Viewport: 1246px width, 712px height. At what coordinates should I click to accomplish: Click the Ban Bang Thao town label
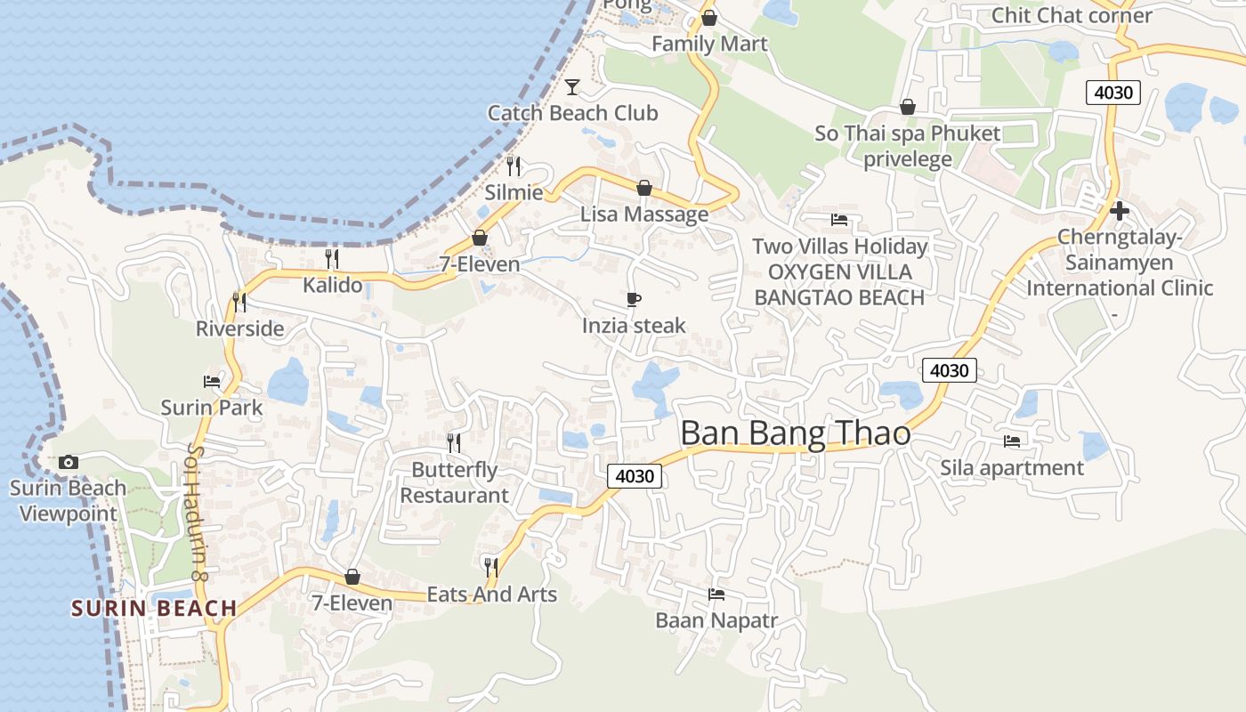pyautogui.click(x=795, y=433)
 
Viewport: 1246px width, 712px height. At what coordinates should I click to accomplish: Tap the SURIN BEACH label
pyautogui.click(x=154, y=609)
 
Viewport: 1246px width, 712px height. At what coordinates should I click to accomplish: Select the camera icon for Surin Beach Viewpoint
pyautogui.click(x=68, y=463)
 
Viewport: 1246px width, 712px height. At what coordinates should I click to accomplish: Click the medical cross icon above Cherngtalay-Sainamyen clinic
pyautogui.click(x=1120, y=211)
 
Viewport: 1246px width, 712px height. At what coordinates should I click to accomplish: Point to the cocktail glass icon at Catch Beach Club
pyautogui.click(x=572, y=87)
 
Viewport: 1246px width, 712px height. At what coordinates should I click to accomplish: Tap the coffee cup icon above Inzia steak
pyautogui.click(x=634, y=299)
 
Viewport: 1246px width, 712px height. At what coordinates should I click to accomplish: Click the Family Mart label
pyautogui.click(x=709, y=44)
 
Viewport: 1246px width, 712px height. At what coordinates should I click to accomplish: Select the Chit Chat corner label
pyautogui.click(x=1072, y=15)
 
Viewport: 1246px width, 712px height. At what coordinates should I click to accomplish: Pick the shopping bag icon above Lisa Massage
pyautogui.click(x=644, y=188)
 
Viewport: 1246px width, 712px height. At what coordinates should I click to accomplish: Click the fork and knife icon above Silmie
pyautogui.click(x=514, y=166)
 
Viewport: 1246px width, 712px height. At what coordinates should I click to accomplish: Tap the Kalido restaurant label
pyautogui.click(x=333, y=285)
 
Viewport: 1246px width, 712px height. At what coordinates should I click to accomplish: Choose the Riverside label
pyautogui.click(x=240, y=328)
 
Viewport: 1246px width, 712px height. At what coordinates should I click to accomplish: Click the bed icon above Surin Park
pyautogui.click(x=212, y=382)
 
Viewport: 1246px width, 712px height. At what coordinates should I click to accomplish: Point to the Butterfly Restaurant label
pyautogui.click(x=454, y=482)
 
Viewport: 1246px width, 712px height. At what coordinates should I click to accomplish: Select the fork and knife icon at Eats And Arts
pyautogui.click(x=490, y=566)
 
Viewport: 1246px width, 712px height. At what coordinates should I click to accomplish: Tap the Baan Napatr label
pyautogui.click(x=716, y=620)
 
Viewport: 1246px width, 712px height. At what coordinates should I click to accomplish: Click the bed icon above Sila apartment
pyautogui.click(x=1012, y=441)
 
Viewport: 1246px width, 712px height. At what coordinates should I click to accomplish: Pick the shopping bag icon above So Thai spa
pyautogui.click(x=908, y=108)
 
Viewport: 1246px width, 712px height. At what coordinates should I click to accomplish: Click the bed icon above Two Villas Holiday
pyautogui.click(x=839, y=220)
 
